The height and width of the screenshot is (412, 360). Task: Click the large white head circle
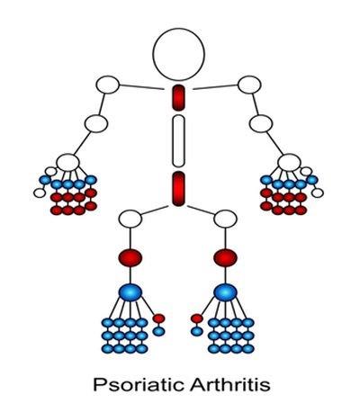(178, 55)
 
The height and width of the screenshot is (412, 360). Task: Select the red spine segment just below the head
(178, 98)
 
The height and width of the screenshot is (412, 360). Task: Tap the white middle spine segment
(178, 141)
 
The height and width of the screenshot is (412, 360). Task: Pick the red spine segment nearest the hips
(178, 189)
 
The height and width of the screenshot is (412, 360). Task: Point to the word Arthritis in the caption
(229, 384)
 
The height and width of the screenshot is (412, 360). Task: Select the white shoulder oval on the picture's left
(108, 85)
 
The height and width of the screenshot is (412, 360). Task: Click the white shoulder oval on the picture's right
(249, 85)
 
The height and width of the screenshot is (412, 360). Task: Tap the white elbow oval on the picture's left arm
(96, 123)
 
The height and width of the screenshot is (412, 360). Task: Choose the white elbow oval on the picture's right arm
(261, 123)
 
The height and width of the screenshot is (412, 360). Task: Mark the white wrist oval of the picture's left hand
(68, 162)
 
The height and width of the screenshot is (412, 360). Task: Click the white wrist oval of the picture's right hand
(289, 163)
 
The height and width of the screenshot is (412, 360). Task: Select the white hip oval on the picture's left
(130, 219)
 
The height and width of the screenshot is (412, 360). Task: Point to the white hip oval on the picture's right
(225, 219)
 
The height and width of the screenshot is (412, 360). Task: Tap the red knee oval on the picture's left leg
(130, 257)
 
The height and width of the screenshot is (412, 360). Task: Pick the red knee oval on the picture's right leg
(225, 257)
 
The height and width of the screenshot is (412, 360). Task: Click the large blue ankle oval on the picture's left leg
(130, 292)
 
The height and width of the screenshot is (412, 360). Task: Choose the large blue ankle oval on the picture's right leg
(225, 292)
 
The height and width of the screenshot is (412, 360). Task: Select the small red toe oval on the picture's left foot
(158, 318)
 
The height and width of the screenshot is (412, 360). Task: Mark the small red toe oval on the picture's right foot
(197, 318)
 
